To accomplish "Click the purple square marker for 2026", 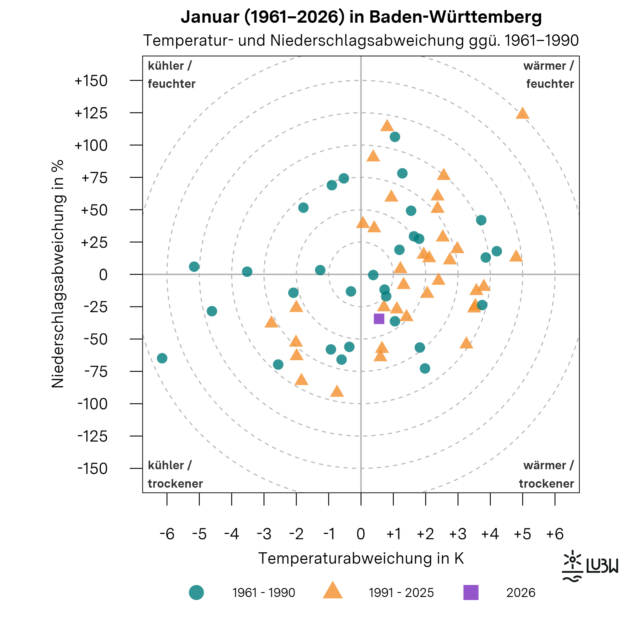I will click(x=379, y=319).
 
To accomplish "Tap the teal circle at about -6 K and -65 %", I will click(x=162, y=358).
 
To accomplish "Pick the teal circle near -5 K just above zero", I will click(x=194, y=266).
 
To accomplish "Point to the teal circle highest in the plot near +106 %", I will click(x=395, y=137).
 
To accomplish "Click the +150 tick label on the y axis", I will click(x=91, y=81).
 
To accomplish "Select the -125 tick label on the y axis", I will click(x=92, y=436).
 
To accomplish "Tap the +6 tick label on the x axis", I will click(x=555, y=534).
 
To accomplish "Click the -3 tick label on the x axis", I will click(x=264, y=534).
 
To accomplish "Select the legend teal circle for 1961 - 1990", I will click(x=196, y=592).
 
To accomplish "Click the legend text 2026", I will click(x=520, y=593).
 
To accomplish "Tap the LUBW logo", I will click(x=590, y=566).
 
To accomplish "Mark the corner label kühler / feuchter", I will click(x=171, y=75).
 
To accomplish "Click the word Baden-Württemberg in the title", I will click(x=456, y=17).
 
